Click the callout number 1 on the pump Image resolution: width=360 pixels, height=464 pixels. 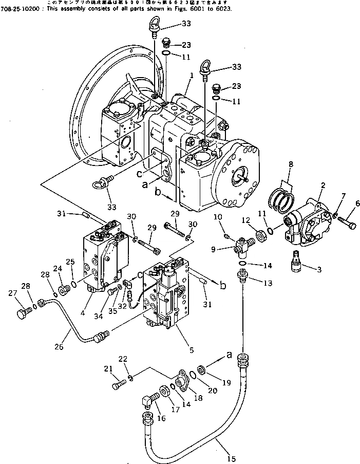[191, 75]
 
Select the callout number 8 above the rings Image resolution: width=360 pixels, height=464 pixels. [291, 165]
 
